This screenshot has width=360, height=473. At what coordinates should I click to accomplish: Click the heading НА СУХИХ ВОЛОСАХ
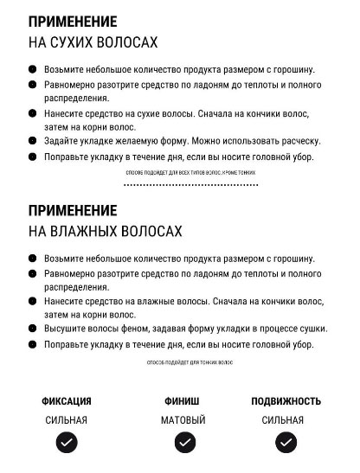tap(93, 42)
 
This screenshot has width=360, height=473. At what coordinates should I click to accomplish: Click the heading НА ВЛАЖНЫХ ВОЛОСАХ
tap(106, 231)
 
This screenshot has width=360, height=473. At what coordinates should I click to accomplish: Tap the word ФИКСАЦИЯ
tap(67, 401)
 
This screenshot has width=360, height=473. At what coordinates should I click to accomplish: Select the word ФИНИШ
tap(183, 401)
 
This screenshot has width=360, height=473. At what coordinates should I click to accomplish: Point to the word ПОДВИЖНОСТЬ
tap(286, 401)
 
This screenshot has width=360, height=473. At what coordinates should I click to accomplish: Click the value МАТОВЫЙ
tap(183, 420)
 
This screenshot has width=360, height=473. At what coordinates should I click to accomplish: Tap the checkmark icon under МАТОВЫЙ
tap(184, 443)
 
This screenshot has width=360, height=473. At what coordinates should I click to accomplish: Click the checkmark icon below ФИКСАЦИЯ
tap(67, 443)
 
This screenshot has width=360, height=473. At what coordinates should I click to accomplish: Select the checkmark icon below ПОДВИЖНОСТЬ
tap(286, 443)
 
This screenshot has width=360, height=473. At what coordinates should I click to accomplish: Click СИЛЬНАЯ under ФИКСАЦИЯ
tap(67, 420)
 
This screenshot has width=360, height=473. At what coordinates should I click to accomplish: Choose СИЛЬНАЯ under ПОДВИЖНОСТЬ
tap(283, 420)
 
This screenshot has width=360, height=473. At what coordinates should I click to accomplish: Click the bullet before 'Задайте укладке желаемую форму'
tap(33, 141)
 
